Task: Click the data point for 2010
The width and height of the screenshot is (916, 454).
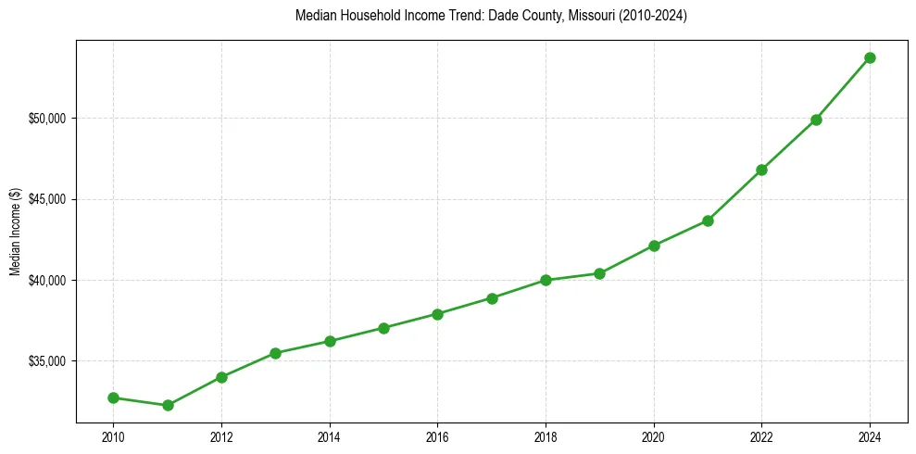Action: [113, 397]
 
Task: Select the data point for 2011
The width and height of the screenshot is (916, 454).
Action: [168, 405]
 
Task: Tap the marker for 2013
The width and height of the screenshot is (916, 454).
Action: [275, 353]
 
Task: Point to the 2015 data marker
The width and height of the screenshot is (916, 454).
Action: [383, 328]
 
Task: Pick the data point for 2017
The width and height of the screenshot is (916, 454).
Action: [492, 298]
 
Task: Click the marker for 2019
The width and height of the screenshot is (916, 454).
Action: [600, 273]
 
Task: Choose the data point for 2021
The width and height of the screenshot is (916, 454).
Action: [708, 221]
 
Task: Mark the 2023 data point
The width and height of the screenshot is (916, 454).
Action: [816, 120]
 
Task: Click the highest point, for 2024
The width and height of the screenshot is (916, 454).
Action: [870, 57]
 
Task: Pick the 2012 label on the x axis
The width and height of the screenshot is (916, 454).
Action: [221, 436]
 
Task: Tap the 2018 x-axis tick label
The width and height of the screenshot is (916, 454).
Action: [546, 436]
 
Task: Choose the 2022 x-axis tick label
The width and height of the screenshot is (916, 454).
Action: [761, 436]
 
